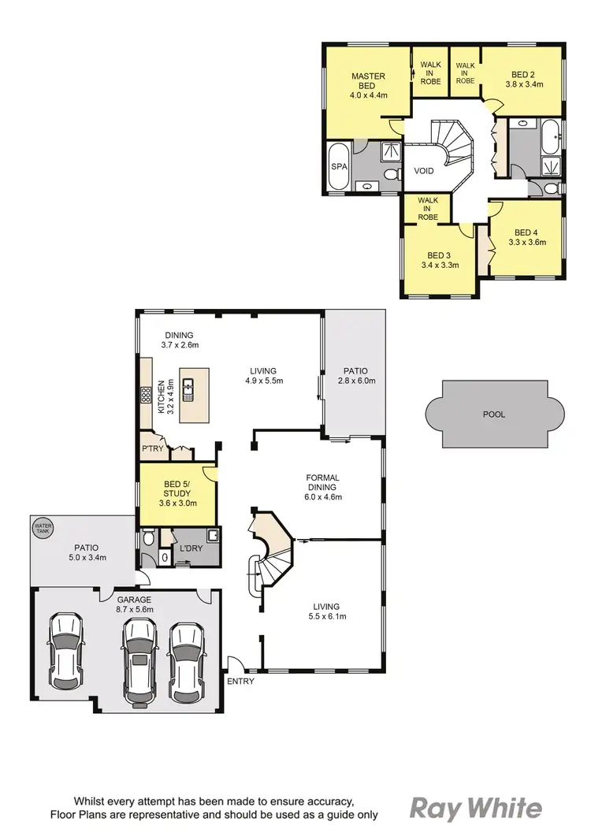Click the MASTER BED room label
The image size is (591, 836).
point(368,81)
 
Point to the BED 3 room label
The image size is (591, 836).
point(438,256)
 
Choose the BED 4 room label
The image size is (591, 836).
point(525,232)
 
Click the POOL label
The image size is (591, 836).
point(495,414)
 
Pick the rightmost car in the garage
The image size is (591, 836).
point(187,662)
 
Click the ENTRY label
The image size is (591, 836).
point(240,681)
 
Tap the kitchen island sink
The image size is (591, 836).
point(188,387)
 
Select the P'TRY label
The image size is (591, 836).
point(151,448)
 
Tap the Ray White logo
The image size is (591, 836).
point(476,808)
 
